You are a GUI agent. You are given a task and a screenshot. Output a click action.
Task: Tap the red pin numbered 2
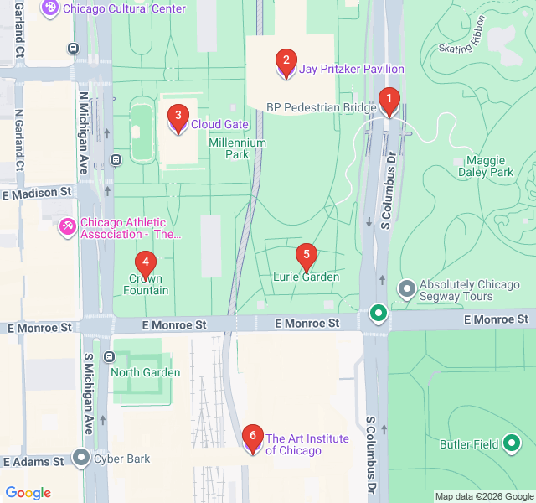pyautogui.click(x=286, y=60)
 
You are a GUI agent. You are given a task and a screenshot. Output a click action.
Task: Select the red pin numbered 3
pyautogui.click(x=177, y=117)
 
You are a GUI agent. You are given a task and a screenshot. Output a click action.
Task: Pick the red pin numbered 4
pyautogui.click(x=146, y=263)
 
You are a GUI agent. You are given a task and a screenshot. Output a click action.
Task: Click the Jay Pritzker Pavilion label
pyautogui.click(x=352, y=69)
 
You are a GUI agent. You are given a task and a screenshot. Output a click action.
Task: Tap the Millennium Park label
pyautogui.click(x=238, y=148)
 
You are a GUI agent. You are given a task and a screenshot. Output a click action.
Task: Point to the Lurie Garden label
pyautogui.click(x=307, y=277)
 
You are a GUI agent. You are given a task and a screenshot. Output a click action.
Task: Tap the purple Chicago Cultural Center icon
pyautogui.click(x=49, y=8)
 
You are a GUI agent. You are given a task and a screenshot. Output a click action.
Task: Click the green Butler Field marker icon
pyautogui.click(x=512, y=443)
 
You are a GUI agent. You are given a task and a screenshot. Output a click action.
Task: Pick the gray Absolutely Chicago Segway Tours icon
pyautogui.click(x=407, y=290)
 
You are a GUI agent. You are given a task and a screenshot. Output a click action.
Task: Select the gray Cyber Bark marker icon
pyautogui.click(x=81, y=458)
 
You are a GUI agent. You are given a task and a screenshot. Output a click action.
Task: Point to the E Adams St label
pyautogui.click(x=33, y=461)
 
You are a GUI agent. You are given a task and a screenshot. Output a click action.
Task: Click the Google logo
pyautogui.click(x=28, y=493)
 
